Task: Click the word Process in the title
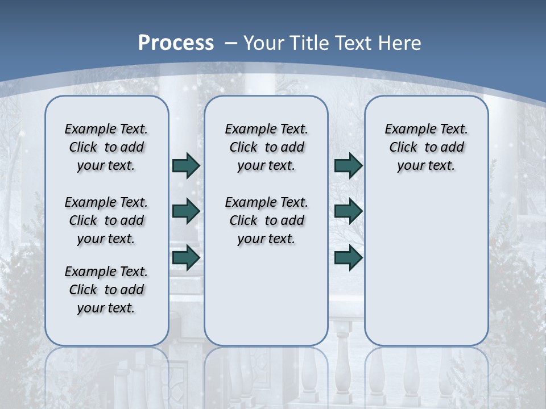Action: click(176, 43)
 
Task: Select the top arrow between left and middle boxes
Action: click(186, 165)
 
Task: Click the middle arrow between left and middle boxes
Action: click(186, 211)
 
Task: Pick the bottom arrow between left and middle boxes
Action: click(186, 258)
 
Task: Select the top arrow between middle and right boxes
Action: click(349, 165)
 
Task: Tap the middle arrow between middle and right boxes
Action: click(349, 211)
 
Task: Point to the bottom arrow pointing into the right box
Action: click(349, 258)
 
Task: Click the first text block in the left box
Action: click(106, 147)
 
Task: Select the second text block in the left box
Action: click(106, 220)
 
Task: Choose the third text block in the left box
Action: click(106, 290)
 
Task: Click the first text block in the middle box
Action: click(267, 147)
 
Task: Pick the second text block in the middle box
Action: click(267, 220)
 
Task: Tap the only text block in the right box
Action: click(427, 147)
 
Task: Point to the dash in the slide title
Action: click(231, 43)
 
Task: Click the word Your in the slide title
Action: click(264, 43)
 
